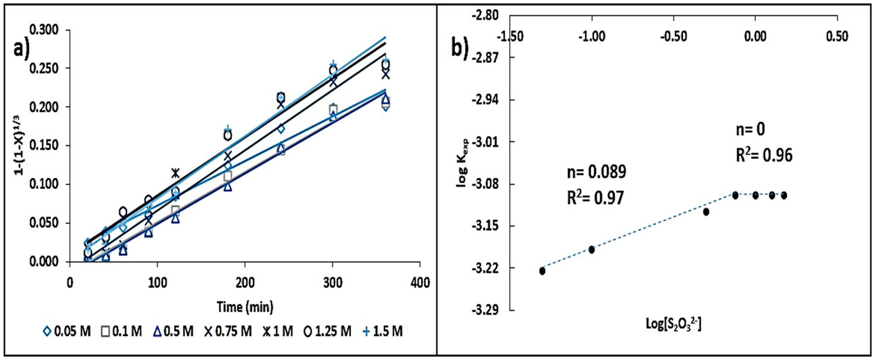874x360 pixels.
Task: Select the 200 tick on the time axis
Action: tap(245, 283)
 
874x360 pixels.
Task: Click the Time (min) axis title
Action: tap(245, 307)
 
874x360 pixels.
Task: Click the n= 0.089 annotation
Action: tap(596, 172)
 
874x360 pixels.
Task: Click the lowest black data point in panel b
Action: tap(542, 271)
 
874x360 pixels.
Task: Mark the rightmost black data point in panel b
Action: tap(784, 195)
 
